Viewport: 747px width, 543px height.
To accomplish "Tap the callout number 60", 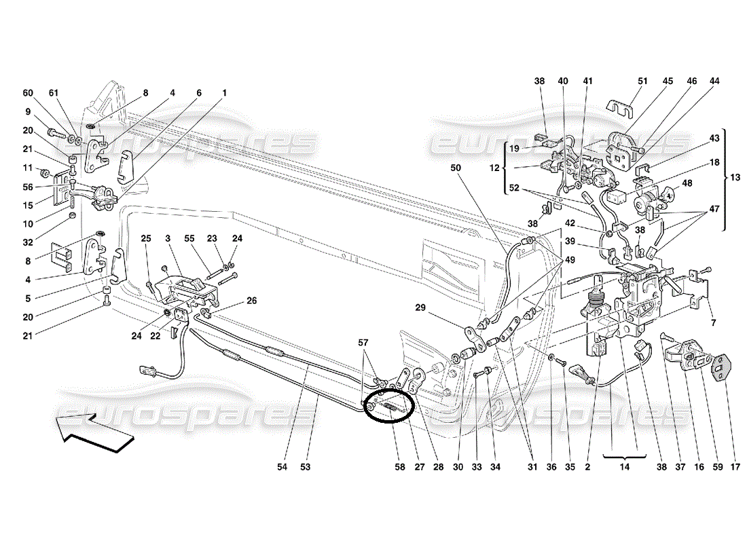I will [x=28, y=93].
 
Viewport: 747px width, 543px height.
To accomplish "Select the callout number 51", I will [x=643, y=81].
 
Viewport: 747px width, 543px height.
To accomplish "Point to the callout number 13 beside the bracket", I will [x=736, y=177].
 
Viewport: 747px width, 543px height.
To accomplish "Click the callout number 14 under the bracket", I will [x=624, y=467].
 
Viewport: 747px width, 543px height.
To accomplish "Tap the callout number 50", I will [x=455, y=167].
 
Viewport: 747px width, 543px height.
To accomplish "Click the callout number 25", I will [x=147, y=238].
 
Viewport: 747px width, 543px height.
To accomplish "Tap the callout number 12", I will [x=494, y=167].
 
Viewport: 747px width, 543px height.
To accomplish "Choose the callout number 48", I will [x=687, y=183].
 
